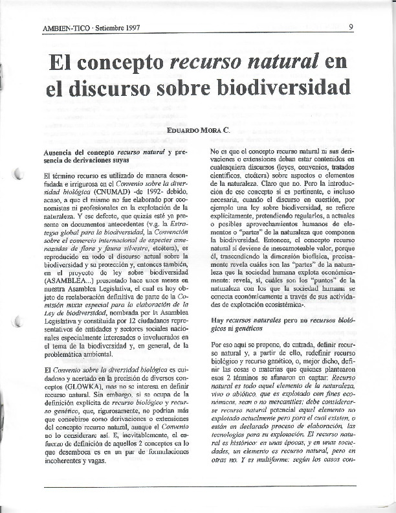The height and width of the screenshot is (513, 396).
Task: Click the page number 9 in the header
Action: click(x=350, y=27)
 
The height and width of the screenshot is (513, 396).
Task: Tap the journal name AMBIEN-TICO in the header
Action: click(x=64, y=29)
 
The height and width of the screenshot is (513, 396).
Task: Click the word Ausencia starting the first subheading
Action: click(x=61, y=152)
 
